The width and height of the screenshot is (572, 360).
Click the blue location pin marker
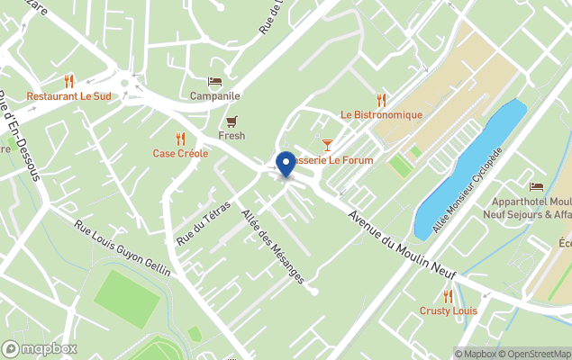(x=286, y=164)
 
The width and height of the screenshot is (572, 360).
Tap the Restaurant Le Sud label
(x=69, y=96)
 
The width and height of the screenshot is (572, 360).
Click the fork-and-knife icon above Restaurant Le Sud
(x=69, y=81)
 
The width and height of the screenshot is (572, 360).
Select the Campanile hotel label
(x=214, y=96)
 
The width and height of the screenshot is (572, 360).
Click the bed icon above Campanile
(x=214, y=82)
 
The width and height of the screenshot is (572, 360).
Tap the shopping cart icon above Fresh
(x=232, y=121)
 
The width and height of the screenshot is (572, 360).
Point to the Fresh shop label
(x=232, y=136)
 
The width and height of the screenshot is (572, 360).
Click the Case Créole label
(x=180, y=154)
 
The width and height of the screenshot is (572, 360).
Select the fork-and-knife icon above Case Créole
(x=180, y=139)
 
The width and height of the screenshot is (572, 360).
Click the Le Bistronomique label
(x=381, y=115)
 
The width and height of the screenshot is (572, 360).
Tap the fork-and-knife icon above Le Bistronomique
(x=381, y=100)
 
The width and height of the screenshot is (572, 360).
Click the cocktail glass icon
(x=327, y=145)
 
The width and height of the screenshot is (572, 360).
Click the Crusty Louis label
(x=448, y=311)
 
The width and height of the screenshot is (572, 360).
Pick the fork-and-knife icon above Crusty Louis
(x=448, y=296)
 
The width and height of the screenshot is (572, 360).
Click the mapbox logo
(x=40, y=348)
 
